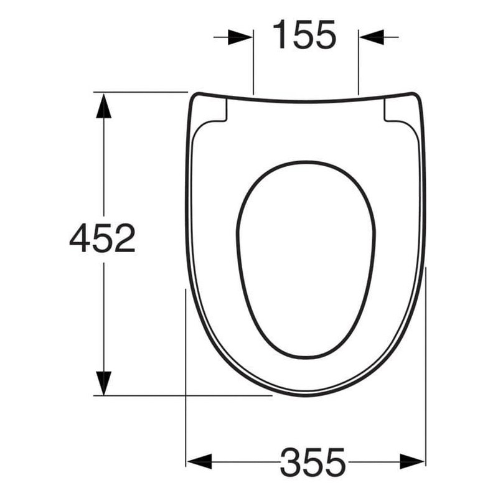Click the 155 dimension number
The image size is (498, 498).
(304, 35)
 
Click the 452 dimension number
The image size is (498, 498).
(102, 238)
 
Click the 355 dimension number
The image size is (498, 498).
(312, 462)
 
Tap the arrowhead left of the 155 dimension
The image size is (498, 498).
(240, 37)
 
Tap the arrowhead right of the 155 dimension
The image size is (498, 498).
(372, 37)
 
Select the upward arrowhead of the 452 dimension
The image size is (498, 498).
(103, 106)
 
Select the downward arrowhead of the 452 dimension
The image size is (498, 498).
(103, 383)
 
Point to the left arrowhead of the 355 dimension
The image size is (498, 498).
(199, 461)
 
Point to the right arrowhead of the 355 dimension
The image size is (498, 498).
(412, 461)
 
